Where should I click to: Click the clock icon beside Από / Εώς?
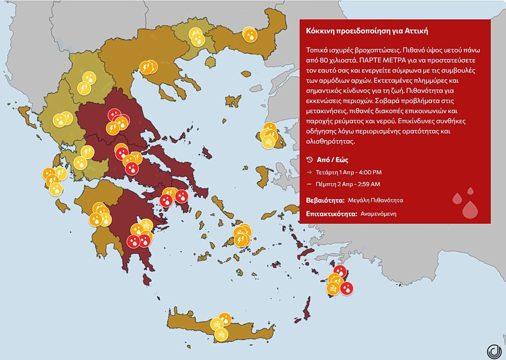coord(309,160)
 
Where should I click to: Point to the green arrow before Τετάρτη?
coord(309,172)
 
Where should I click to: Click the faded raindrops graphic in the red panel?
coord(465,202)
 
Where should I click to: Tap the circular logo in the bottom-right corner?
coord(494,351)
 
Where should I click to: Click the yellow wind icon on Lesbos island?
coord(268,143)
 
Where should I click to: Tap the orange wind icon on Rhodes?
coord(333,288)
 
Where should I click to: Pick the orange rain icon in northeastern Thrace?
coord(250,35)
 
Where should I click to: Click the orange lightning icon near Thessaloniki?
coord(146,67)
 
